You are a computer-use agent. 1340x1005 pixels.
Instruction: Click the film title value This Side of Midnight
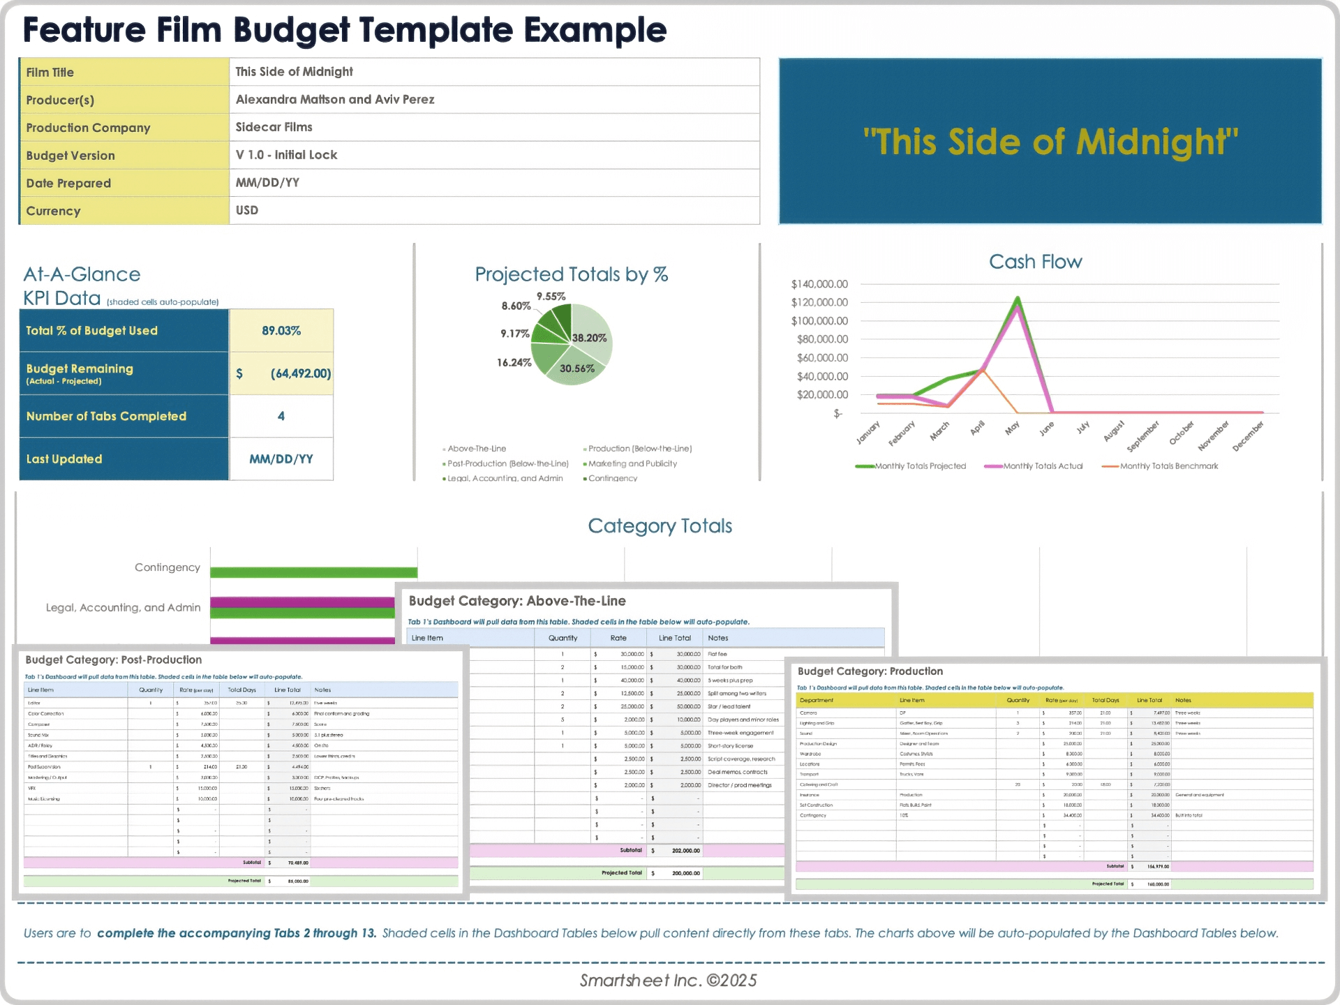pos(294,72)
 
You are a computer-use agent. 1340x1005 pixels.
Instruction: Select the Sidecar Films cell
pos(274,127)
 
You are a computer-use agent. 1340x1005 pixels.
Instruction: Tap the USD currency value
pos(247,210)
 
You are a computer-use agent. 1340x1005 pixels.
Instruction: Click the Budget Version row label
pos(70,156)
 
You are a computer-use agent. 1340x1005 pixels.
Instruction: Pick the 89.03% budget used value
pos(281,331)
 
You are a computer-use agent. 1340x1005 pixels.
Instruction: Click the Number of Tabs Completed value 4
pos(281,416)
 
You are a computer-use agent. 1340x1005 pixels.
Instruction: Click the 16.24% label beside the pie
pos(514,363)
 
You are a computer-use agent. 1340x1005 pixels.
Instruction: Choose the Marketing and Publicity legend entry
pos(632,463)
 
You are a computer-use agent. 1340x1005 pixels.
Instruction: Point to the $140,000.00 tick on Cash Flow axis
pos(819,284)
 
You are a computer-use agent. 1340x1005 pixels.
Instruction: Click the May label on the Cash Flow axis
pos(1012,428)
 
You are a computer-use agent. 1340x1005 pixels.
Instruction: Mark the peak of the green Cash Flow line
pos(1018,298)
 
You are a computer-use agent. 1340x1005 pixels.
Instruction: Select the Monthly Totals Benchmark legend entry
pos(1168,466)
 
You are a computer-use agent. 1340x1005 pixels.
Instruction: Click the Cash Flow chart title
pos(1035,262)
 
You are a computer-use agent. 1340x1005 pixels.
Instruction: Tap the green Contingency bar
pos(313,572)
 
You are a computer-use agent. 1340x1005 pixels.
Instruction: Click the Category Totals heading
pos(660,526)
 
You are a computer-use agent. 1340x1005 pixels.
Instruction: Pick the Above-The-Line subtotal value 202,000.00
pos(685,851)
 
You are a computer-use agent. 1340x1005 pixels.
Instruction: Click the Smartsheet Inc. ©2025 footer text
pos(668,981)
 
